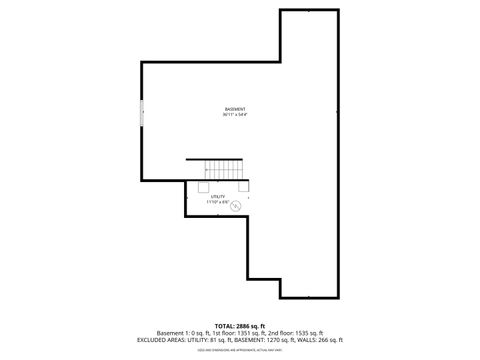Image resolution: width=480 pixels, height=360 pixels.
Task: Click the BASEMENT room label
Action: (235, 108)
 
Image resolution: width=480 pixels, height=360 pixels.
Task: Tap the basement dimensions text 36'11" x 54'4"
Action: (235, 114)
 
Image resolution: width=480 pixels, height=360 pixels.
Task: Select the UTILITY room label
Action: (218, 196)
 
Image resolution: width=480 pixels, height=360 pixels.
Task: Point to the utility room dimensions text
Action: (218, 202)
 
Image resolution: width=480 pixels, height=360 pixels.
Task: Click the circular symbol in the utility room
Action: (236, 208)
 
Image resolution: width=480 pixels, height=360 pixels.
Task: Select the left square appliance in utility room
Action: (203, 185)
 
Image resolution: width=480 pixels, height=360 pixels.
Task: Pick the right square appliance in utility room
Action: (243, 185)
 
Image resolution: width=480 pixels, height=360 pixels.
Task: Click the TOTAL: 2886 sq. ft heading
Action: (240, 325)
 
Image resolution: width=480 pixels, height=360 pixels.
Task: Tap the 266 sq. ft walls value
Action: (330, 340)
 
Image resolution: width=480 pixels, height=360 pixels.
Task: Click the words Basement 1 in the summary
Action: (173, 332)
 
